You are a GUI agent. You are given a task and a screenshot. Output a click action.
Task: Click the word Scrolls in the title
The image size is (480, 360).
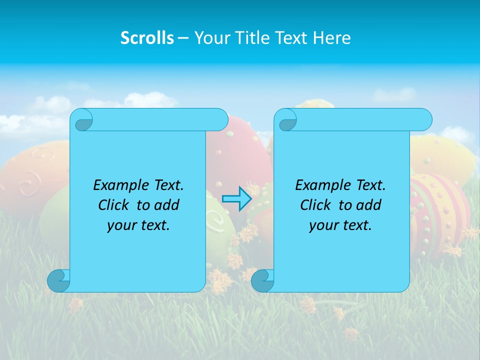click(x=147, y=38)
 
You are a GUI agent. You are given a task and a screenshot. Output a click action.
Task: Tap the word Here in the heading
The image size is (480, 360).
click(x=332, y=38)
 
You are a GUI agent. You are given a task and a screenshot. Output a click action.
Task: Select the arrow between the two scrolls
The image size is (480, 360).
click(x=236, y=198)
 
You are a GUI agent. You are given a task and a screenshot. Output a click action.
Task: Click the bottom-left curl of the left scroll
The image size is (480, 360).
click(x=58, y=280)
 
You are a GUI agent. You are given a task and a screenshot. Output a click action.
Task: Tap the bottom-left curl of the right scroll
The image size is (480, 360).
click(x=262, y=280)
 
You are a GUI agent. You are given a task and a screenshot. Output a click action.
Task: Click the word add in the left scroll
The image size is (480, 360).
click(x=167, y=205)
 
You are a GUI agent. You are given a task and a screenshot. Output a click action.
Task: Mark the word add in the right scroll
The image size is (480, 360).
click(x=369, y=205)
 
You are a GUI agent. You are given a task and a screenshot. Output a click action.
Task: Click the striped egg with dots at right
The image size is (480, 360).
click(x=440, y=210)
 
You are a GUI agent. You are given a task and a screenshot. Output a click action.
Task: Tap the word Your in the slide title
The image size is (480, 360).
click(x=209, y=38)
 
